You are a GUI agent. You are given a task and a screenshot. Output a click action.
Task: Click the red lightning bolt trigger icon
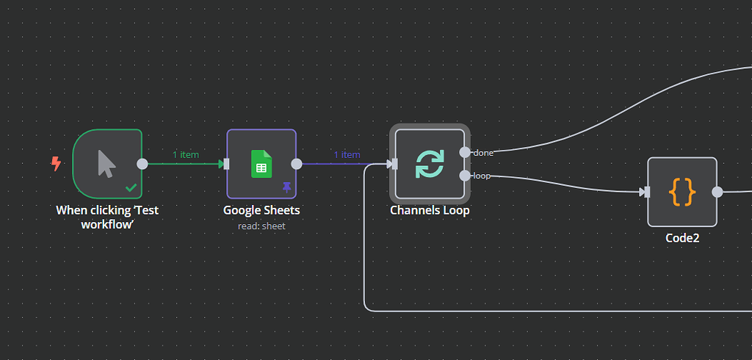pyautogui.click(x=56, y=164)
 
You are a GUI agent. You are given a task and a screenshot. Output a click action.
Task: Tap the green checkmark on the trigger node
pyautogui.click(x=131, y=188)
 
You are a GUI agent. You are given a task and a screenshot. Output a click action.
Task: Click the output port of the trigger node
pyautogui.click(x=142, y=164)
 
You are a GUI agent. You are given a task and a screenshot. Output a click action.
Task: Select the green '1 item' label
pyautogui.click(x=185, y=154)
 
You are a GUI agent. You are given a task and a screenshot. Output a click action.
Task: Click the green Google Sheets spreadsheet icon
pyautogui.click(x=261, y=163)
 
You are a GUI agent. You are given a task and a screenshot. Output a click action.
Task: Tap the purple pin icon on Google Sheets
pyautogui.click(x=286, y=188)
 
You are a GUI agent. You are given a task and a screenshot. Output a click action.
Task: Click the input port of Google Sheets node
pyautogui.click(x=226, y=164)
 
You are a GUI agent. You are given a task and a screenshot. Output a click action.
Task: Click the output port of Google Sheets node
pyautogui.click(x=297, y=164)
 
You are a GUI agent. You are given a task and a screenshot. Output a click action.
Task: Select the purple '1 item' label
pyautogui.click(x=347, y=154)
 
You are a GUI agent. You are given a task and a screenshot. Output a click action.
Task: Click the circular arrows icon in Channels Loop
pyautogui.click(x=430, y=163)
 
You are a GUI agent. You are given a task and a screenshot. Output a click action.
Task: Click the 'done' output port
pyautogui.click(x=465, y=152)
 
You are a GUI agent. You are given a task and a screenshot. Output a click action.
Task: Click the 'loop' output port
pyautogui.click(x=465, y=176)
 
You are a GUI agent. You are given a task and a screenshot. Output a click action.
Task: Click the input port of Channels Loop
pyautogui.click(x=394, y=164)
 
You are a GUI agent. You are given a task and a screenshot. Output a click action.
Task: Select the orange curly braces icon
pyautogui.click(x=682, y=192)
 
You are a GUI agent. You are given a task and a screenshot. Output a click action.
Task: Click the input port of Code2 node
pyautogui.click(x=646, y=192)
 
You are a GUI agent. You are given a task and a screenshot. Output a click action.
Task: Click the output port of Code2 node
pyautogui.click(x=717, y=192)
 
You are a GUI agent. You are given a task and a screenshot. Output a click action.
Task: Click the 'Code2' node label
pyautogui.click(x=682, y=237)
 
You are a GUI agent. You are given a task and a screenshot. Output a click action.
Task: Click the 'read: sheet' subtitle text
pyautogui.click(x=261, y=226)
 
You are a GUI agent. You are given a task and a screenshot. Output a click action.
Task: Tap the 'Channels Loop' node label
pyautogui.click(x=430, y=210)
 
